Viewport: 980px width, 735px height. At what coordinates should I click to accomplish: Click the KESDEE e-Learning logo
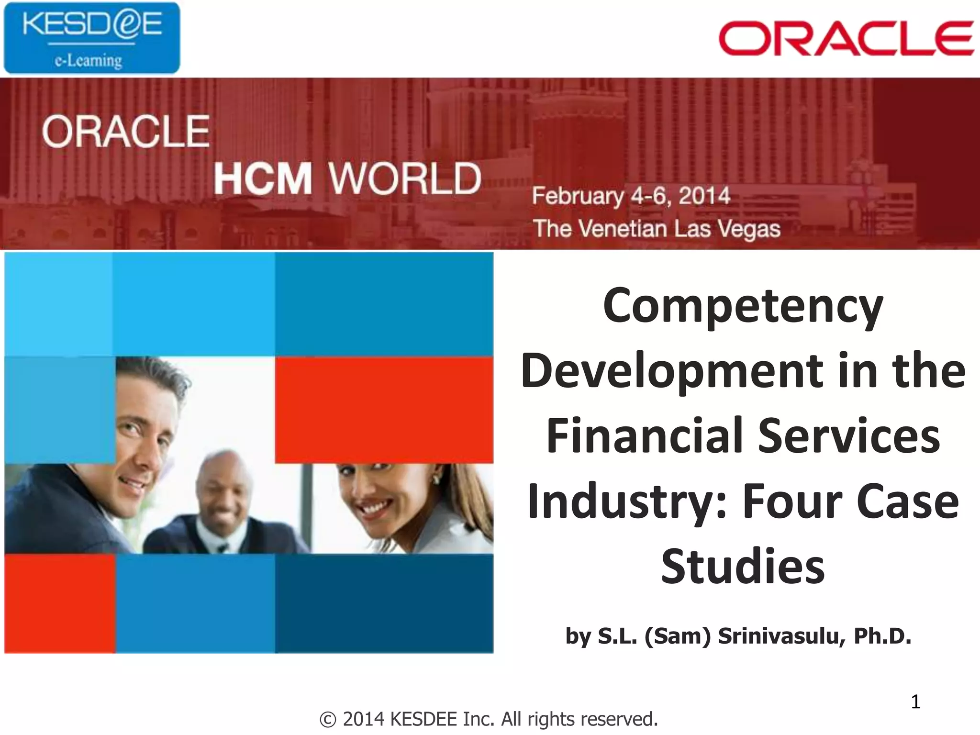tap(92, 38)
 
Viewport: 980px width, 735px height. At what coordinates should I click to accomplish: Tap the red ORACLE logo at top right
tap(846, 38)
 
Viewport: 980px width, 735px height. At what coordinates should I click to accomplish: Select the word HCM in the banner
tap(263, 178)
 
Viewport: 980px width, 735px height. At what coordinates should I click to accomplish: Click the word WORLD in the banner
tap(405, 178)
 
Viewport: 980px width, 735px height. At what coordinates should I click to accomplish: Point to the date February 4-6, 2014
tap(631, 196)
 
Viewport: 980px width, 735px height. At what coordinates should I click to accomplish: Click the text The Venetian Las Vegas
tap(657, 228)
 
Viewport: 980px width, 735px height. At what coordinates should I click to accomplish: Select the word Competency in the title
tap(743, 306)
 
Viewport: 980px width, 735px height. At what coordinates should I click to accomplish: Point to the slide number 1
tap(915, 702)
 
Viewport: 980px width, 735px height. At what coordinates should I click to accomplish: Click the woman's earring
tap(436, 478)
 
